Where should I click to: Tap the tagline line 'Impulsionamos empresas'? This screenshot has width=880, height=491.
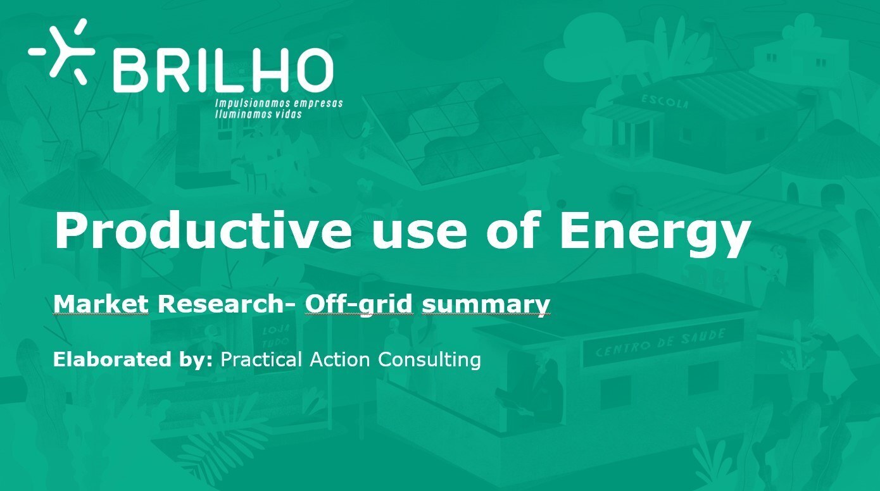click(x=279, y=103)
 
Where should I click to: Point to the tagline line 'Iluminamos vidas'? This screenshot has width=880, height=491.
click(x=258, y=115)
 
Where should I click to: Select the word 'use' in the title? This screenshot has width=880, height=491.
click(x=419, y=234)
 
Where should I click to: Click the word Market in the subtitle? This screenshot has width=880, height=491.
click(x=101, y=304)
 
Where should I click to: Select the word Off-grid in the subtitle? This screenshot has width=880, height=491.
click(x=359, y=306)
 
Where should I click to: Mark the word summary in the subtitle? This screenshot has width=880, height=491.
click(x=486, y=306)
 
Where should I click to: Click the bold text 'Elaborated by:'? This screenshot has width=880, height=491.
click(x=133, y=359)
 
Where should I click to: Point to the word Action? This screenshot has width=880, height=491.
click(x=340, y=359)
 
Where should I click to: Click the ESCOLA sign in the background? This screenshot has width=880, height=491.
click(x=665, y=101)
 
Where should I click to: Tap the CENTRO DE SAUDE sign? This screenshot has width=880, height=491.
click(x=663, y=343)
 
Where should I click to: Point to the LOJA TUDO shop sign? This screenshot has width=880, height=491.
click(x=277, y=337)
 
